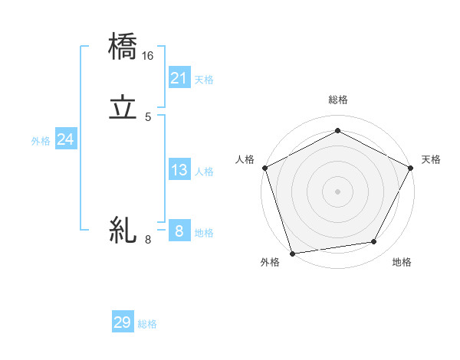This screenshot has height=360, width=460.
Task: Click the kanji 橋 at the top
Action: [x=123, y=47]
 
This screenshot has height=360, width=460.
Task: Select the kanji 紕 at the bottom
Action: [x=123, y=230]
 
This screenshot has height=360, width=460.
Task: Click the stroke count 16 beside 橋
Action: [x=148, y=56]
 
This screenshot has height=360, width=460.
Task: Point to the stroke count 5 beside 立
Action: [x=148, y=117]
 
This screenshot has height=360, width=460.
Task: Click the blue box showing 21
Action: [x=179, y=77]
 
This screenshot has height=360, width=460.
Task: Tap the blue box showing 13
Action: [x=179, y=170]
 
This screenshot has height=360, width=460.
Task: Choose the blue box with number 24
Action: [x=66, y=139]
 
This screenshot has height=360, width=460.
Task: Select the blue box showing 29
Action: [x=123, y=322]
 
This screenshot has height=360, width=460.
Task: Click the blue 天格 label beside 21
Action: [x=204, y=79]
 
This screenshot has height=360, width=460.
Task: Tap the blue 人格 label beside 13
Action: [x=205, y=172]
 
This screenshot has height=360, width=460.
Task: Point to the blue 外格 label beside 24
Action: [x=41, y=141]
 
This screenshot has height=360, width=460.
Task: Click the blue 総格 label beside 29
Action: [x=147, y=324]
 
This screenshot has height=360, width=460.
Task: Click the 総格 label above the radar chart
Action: [x=337, y=100]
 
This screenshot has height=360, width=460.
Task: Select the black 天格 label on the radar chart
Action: [x=431, y=159]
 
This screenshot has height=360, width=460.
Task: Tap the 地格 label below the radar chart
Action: [x=402, y=263]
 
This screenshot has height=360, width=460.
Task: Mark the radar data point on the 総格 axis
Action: [x=337, y=130]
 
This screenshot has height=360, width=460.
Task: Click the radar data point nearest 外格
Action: [x=292, y=253]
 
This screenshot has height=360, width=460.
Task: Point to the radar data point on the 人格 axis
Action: [x=264, y=167]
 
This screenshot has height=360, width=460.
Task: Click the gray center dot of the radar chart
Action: [x=337, y=191]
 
